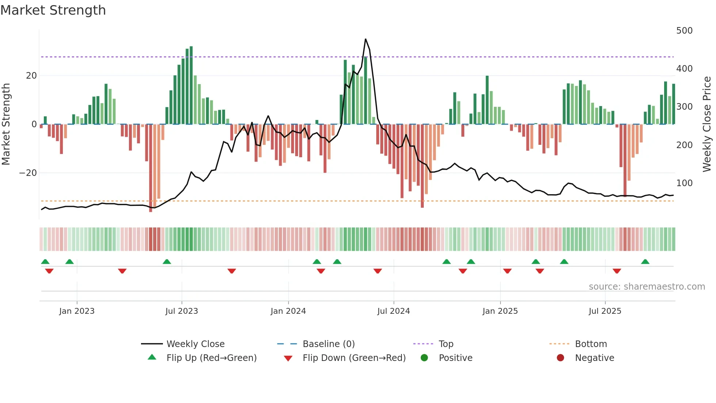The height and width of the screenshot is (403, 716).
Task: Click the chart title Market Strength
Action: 53,10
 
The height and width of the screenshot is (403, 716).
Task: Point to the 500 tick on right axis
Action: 684,31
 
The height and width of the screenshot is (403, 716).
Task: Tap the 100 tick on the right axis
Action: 684,183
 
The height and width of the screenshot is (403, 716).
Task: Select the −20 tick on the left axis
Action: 28,173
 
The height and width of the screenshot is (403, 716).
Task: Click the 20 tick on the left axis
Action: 31,76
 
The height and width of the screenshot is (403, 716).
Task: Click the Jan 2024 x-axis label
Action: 288,311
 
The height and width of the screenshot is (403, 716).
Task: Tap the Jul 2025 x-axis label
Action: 605,311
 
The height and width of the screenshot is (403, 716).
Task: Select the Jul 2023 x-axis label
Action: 182,311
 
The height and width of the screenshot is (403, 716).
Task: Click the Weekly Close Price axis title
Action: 707,124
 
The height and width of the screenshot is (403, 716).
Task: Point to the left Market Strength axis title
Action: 6,124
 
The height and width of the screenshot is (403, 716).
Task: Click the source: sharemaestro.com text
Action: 647,287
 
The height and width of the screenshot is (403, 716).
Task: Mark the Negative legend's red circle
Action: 560,358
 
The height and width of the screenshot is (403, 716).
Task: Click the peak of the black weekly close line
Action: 365,39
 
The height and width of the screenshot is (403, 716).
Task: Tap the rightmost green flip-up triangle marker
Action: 645,262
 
